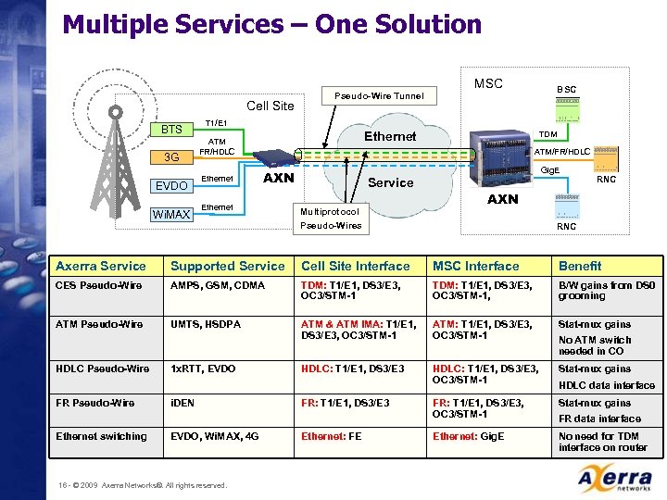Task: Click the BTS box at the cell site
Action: coord(171,130)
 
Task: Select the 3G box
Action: coord(171,157)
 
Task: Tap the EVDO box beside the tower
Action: coord(171,185)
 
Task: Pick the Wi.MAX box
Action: coord(171,215)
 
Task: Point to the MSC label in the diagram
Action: coord(488,83)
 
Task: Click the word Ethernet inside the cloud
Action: coord(390,136)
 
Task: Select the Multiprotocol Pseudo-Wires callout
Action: coord(330,219)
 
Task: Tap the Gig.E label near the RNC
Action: coord(550,170)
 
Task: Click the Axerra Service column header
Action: coord(101,266)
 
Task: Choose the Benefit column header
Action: coord(580,266)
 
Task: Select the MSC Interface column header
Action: coord(476,266)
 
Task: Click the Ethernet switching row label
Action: coord(101,436)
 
